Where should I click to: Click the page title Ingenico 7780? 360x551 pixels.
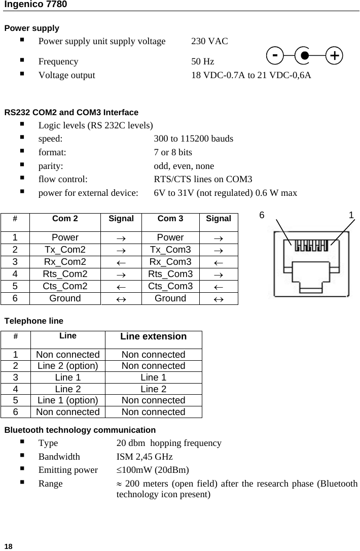click(35, 5)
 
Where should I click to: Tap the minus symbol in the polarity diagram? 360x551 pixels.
click(274, 54)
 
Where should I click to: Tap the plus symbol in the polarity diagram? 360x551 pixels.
click(333, 55)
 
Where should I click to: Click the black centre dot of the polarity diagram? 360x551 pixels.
click(304, 55)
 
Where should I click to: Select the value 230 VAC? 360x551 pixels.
click(209, 41)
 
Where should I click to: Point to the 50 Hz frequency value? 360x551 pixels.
click(202, 62)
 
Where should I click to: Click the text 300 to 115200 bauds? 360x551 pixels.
click(194, 138)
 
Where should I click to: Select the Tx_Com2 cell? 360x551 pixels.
click(65, 250)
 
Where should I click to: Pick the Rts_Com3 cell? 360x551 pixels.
click(170, 274)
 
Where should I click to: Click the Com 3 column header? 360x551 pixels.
click(170, 219)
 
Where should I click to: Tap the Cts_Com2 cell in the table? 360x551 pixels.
click(65, 286)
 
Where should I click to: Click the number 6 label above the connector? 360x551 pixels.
click(262, 215)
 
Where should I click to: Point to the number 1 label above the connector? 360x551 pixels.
click(351, 215)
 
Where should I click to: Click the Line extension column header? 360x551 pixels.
click(153, 336)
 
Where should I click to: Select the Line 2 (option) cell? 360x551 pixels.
click(67, 366)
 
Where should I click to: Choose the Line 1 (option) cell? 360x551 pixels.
click(67, 400)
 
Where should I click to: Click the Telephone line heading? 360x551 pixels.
click(34, 321)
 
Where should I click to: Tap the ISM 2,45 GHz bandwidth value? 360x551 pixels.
click(145, 457)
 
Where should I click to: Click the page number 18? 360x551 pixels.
click(8, 546)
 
